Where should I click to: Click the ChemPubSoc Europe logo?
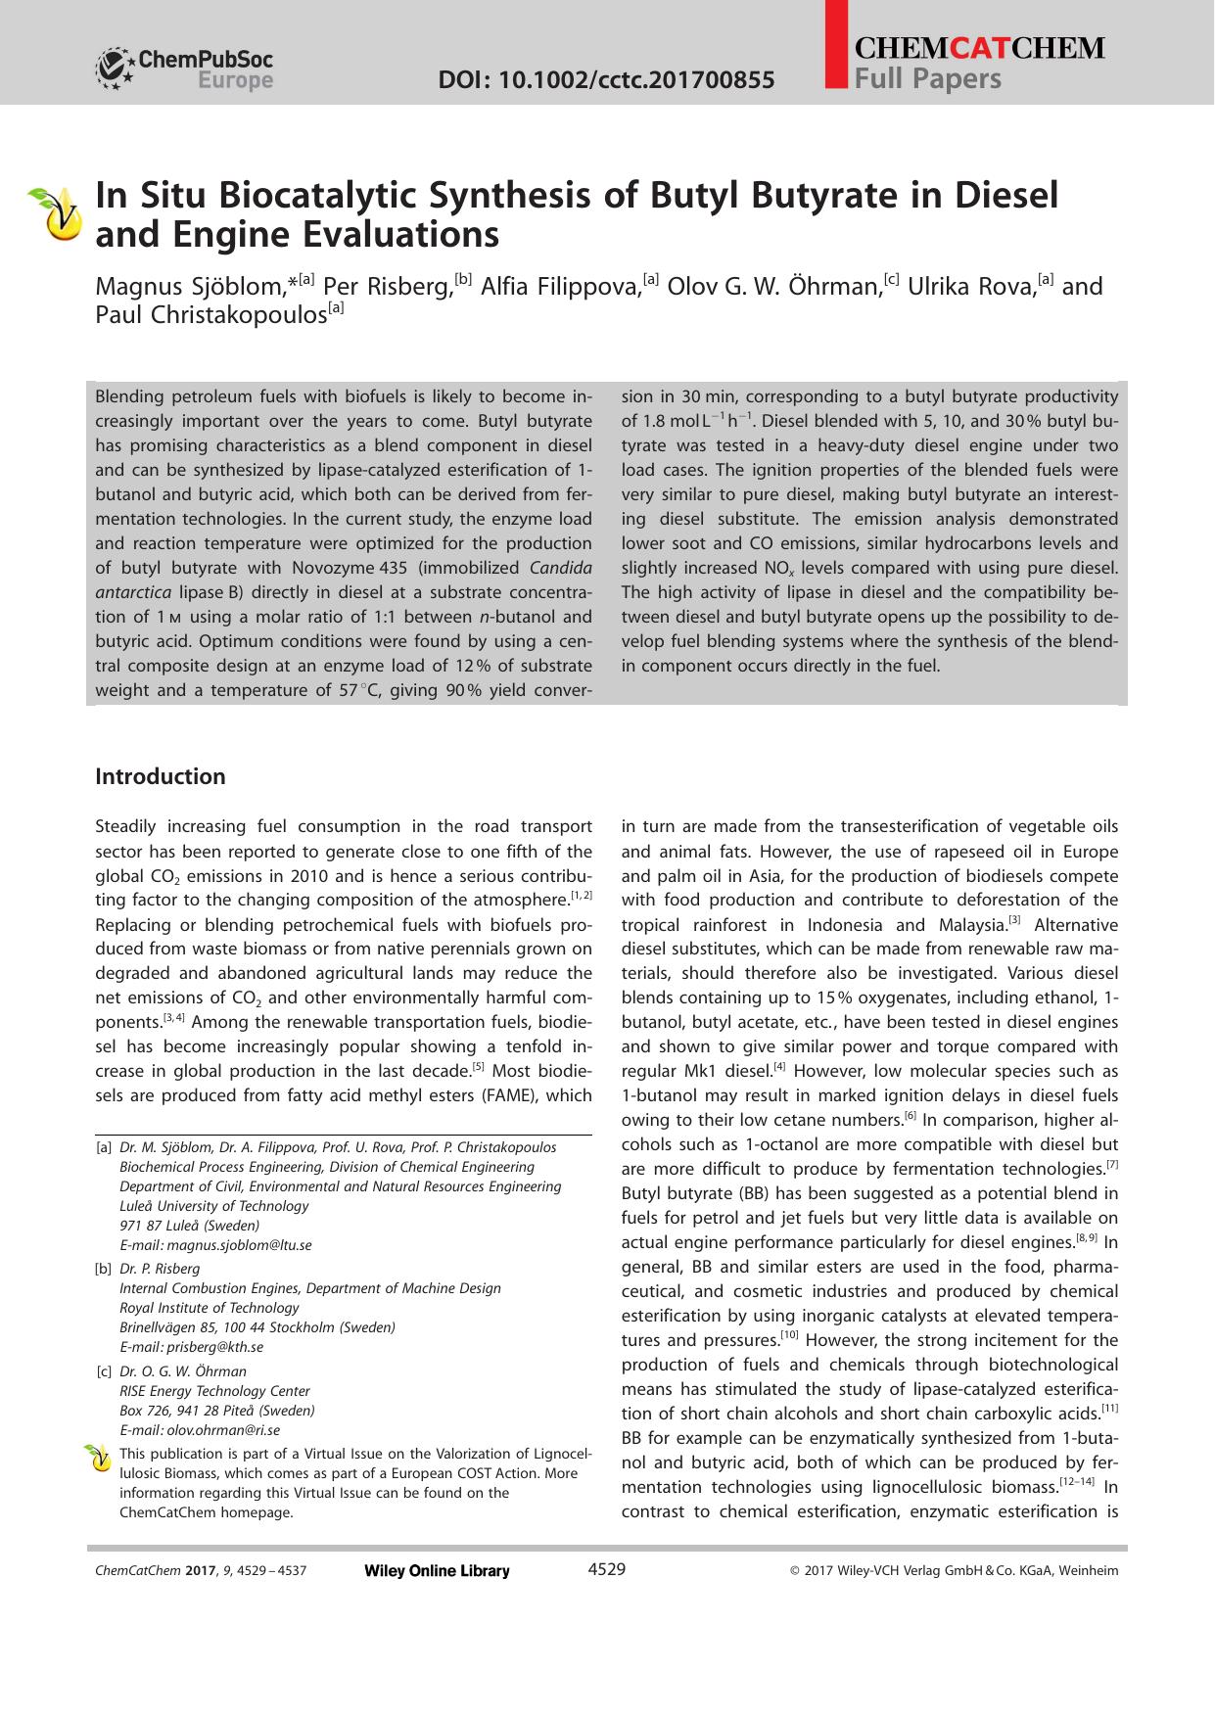tap(184, 70)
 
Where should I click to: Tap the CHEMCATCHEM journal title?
tap(979, 48)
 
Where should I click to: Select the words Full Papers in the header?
tap(928, 78)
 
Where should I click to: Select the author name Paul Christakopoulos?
tap(210, 315)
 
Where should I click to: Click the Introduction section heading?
tap(161, 776)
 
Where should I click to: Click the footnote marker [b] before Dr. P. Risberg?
tap(103, 1269)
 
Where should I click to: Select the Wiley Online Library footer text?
tap(437, 1571)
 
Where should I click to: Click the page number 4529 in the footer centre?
tap(606, 1569)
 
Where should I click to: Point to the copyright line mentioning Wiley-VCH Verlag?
tap(954, 1571)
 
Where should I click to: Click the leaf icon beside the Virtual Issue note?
tap(98, 1459)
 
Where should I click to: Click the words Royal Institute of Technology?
tap(210, 1308)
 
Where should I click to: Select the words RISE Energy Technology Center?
tap(214, 1391)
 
